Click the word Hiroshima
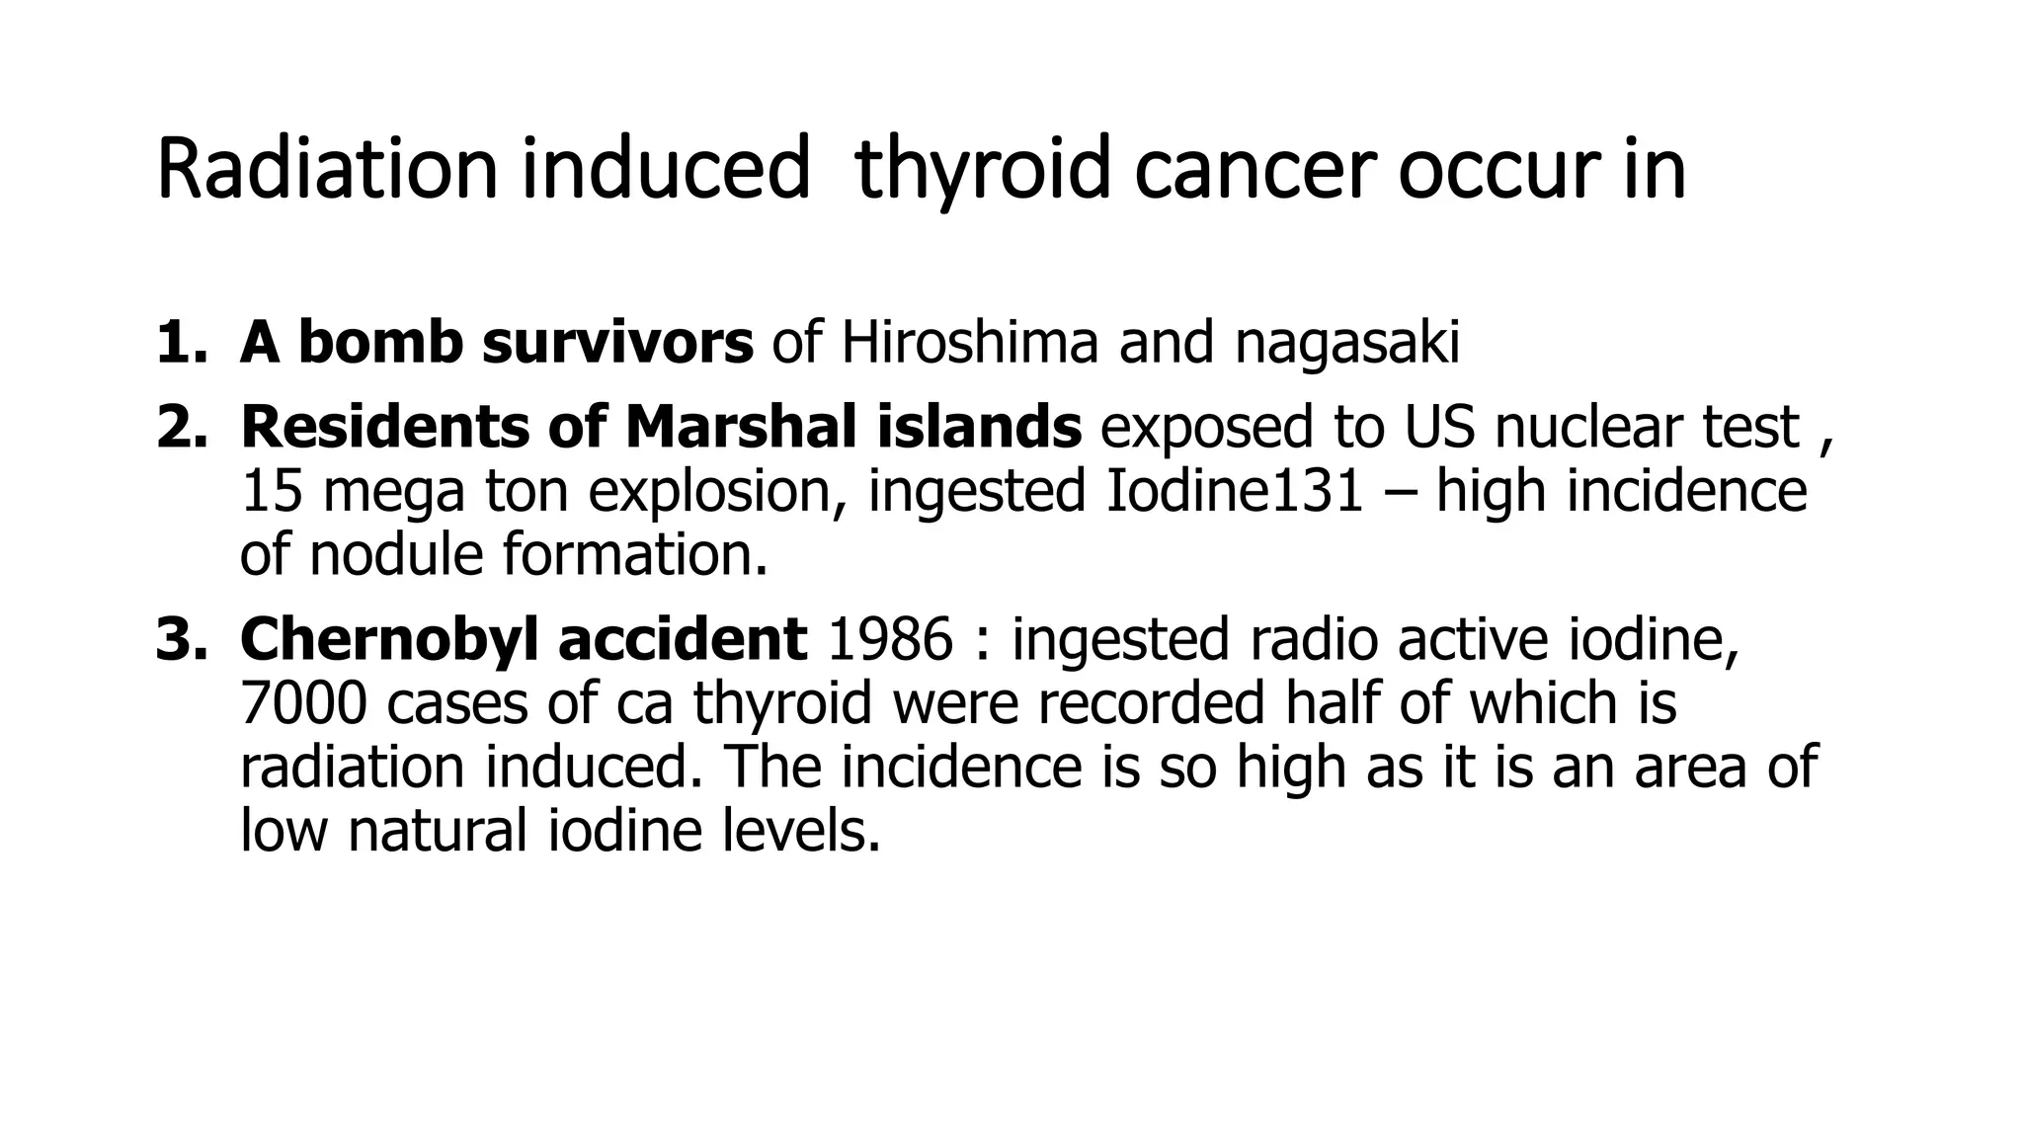pos(969,343)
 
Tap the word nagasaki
pos(1346,345)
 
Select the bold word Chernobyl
pos(389,639)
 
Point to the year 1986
pos(890,638)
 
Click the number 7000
pos(303,702)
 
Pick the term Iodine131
pos(1234,491)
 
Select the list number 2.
pos(181,427)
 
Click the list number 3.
pos(181,639)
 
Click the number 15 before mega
pos(271,491)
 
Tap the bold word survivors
pos(617,343)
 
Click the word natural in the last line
pos(437,830)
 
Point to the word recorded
pos(1151,702)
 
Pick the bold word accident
pos(683,639)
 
